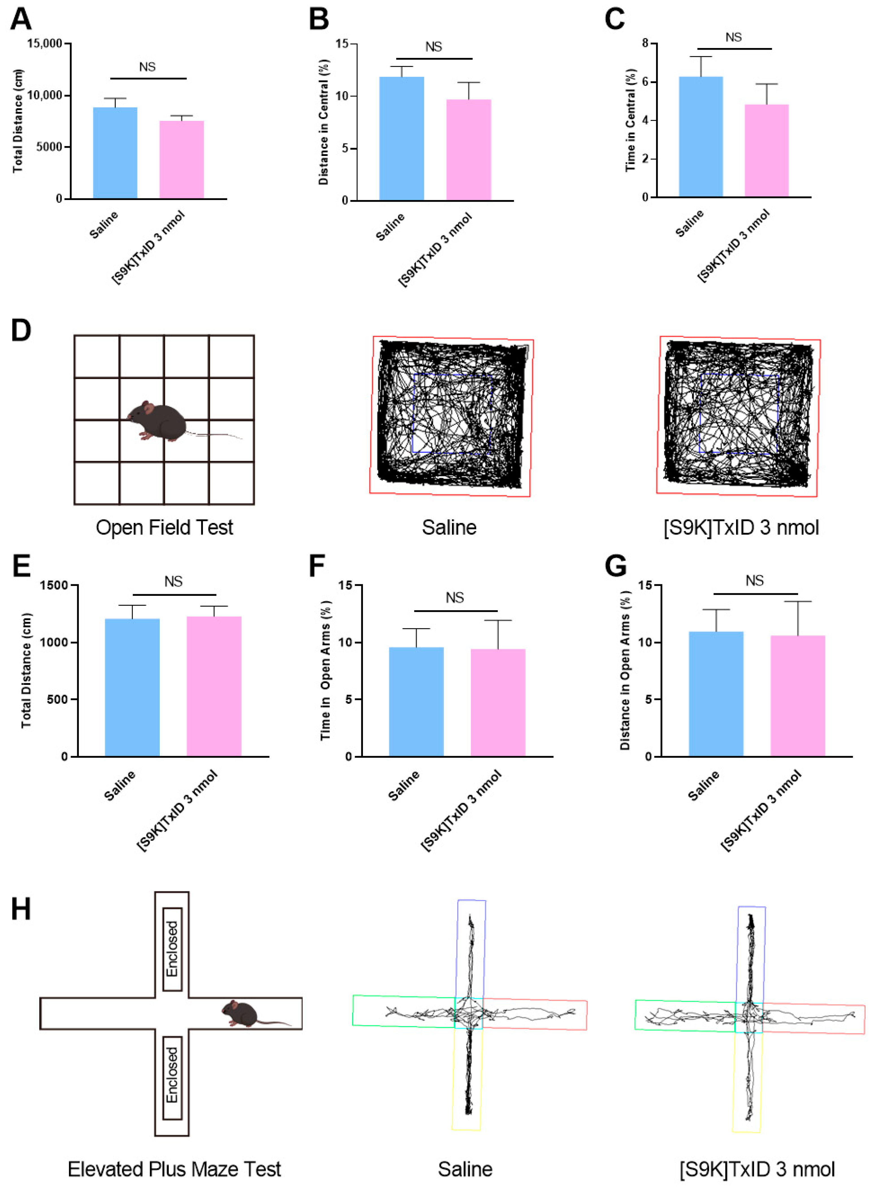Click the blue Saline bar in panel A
click(115, 153)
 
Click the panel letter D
click(21, 331)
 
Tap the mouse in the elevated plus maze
click(241, 1013)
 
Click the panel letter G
click(615, 566)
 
